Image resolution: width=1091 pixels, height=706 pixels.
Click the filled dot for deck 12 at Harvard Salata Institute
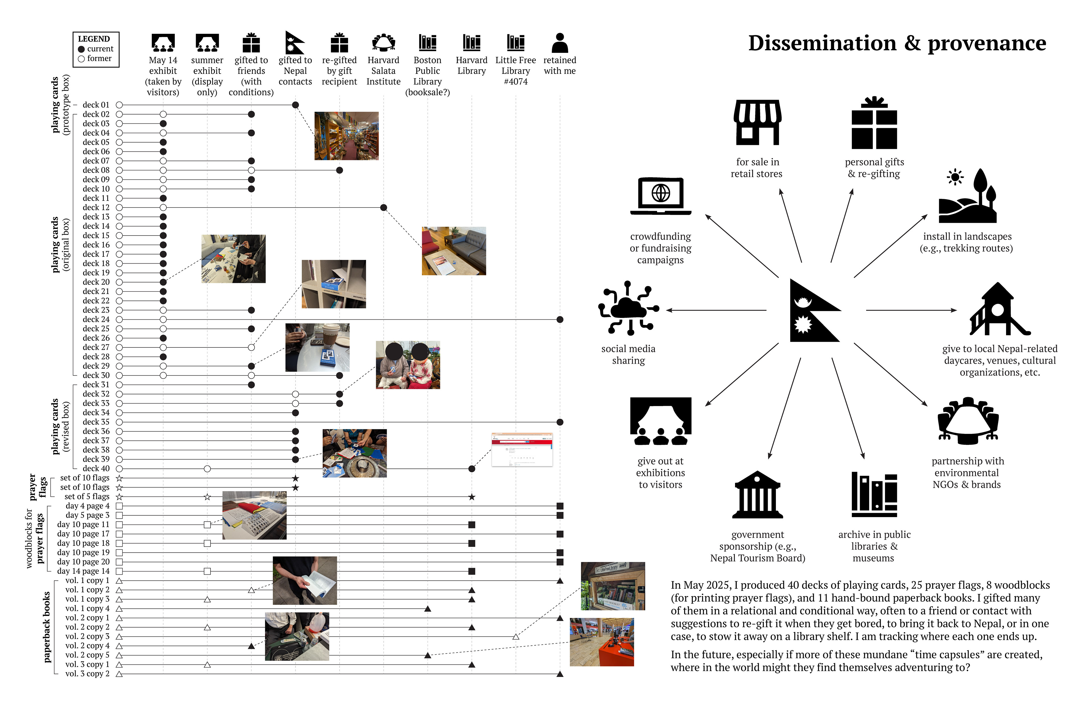click(384, 208)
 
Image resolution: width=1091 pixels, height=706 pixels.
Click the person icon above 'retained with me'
click(560, 43)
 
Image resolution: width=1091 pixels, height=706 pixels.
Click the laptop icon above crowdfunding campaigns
click(661, 196)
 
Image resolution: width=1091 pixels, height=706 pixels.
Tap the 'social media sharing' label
click(628, 354)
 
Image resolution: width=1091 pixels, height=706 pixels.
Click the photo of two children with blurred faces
click(407, 365)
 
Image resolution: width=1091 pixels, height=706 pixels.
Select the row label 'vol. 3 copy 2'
click(87, 673)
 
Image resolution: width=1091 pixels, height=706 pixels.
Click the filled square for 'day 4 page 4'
click(560, 506)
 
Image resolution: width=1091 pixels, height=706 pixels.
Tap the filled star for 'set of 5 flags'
click(472, 497)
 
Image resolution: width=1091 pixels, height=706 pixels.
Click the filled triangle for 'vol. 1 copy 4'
click(428, 609)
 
